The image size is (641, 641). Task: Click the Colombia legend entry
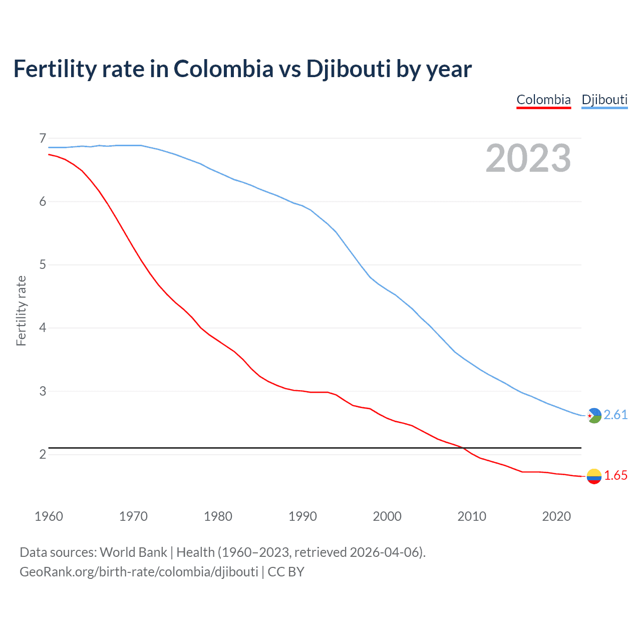pyautogui.click(x=543, y=100)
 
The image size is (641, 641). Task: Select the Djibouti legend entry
pyautogui.click(x=604, y=100)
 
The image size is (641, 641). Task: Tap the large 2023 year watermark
pyautogui.click(x=528, y=158)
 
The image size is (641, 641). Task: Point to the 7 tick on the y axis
pyautogui.click(x=43, y=138)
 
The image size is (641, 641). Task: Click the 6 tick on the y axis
pyautogui.click(x=43, y=201)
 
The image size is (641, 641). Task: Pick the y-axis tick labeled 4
pyautogui.click(x=43, y=328)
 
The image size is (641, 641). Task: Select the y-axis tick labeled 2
pyautogui.click(x=43, y=454)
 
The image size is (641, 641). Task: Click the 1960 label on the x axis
pyautogui.click(x=49, y=516)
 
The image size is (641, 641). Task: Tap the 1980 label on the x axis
pyautogui.click(x=218, y=516)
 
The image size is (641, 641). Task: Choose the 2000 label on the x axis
pyautogui.click(x=387, y=516)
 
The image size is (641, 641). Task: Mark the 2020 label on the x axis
pyautogui.click(x=556, y=516)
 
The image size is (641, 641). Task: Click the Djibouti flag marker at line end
pyautogui.click(x=594, y=415)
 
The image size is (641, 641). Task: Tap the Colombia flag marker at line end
pyautogui.click(x=594, y=476)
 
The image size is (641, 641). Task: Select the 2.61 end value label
pyautogui.click(x=615, y=415)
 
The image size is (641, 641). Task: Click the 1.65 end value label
pyautogui.click(x=615, y=476)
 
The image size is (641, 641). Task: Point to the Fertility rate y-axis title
pyautogui.click(x=21, y=310)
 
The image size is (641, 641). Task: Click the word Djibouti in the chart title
pyautogui.click(x=348, y=69)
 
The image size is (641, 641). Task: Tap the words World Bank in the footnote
pyautogui.click(x=133, y=552)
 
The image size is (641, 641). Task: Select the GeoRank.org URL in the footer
pyautogui.click(x=139, y=572)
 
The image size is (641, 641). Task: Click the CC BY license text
pyautogui.click(x=286, y=572)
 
